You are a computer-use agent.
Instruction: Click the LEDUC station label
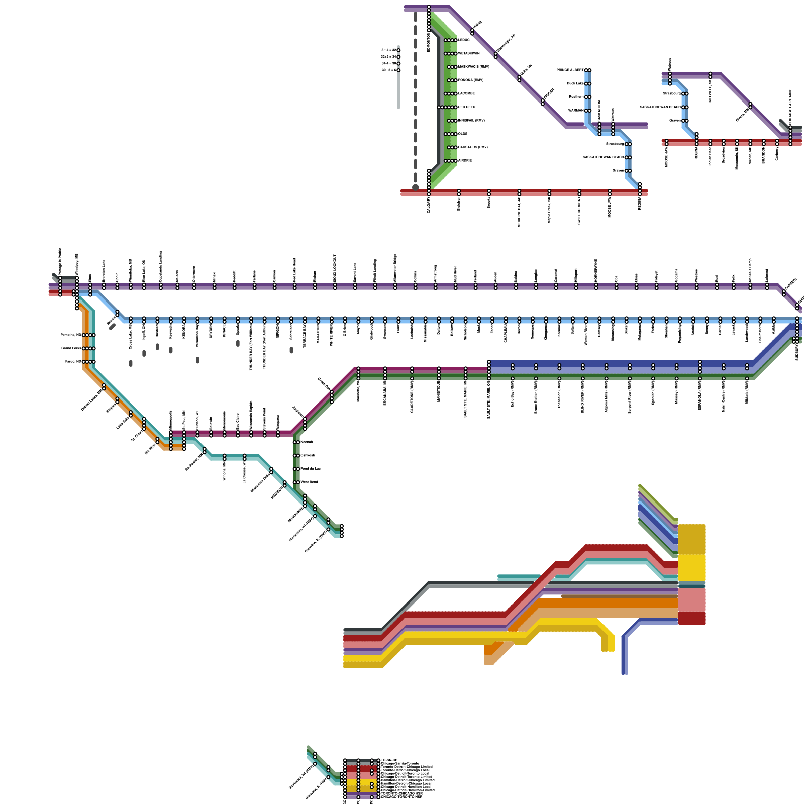[464, 40]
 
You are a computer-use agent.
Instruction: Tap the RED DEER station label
[466, 107]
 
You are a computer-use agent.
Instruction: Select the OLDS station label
[463, 134]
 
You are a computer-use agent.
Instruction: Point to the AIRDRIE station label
[465, 161]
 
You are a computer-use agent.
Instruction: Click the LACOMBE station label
[466, 94]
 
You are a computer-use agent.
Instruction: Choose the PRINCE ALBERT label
[570, 70]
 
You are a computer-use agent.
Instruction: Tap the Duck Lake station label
[575, 84]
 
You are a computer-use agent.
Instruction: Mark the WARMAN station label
[576, 111]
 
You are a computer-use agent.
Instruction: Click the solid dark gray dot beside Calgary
[416, 187]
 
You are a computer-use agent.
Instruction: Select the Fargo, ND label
[73, 362]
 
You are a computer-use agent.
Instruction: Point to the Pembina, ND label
[71, 335]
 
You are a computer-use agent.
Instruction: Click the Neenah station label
[307, 442]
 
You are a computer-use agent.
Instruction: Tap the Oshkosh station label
[308, 456]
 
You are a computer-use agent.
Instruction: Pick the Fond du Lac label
[310, 469]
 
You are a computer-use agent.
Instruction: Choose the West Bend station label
[309, 482]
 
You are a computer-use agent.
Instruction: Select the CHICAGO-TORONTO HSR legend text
[401, 797]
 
